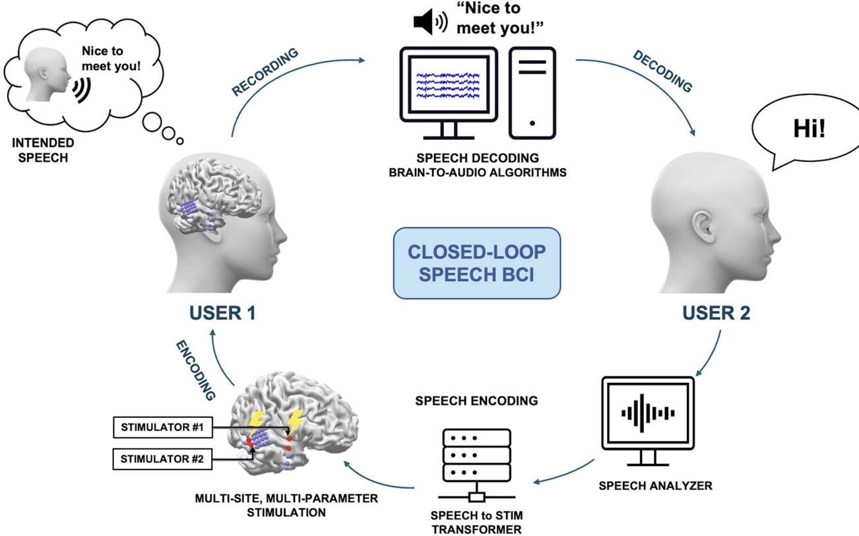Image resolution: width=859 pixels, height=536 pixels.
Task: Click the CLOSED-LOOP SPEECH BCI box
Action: pos(476,262)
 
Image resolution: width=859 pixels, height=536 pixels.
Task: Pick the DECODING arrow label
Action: pos(662,71)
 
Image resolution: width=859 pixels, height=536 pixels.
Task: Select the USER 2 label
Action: pos(715,312)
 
